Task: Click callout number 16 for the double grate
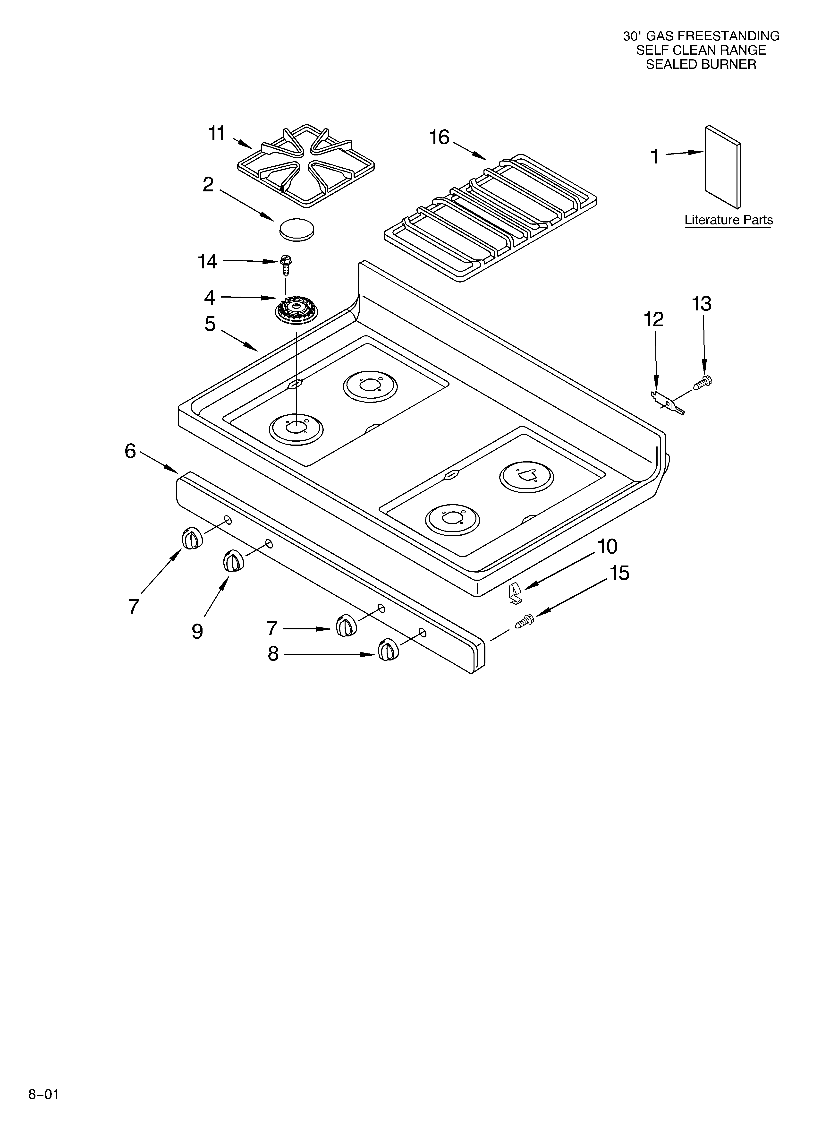(x=439, y=137)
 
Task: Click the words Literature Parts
(x=728, y=220)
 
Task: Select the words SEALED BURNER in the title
(x=701, y=64)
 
